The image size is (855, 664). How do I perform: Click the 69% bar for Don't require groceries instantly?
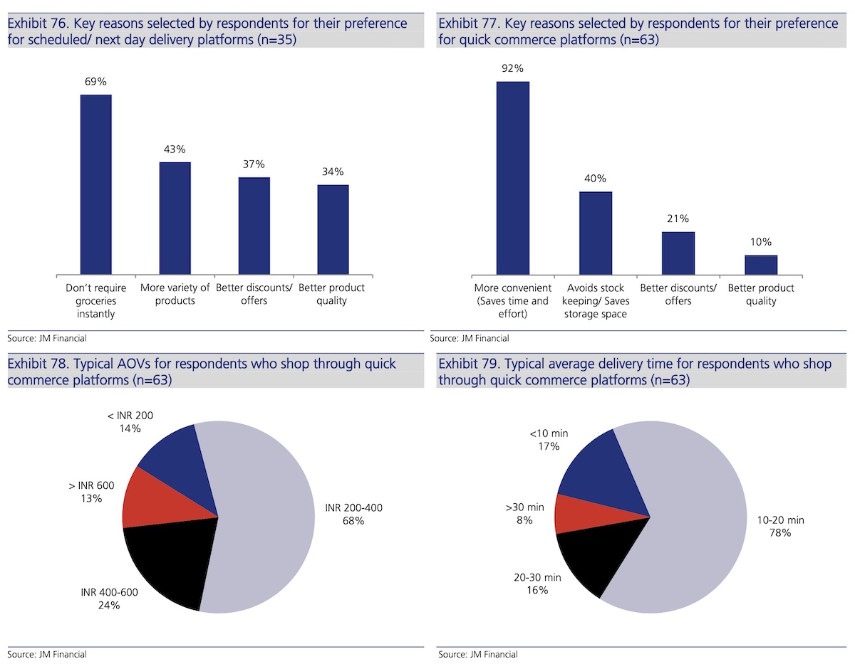95,184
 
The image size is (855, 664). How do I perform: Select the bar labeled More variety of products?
175,218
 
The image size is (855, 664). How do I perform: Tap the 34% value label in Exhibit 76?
333,172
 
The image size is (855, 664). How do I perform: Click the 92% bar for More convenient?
513,178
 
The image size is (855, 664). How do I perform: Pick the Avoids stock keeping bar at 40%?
596,233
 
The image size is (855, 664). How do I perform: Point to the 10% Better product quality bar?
761,265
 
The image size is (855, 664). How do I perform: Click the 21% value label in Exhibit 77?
678,218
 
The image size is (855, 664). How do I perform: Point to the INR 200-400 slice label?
354,515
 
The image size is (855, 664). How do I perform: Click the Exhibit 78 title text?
202,371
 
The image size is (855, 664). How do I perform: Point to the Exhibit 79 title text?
635,371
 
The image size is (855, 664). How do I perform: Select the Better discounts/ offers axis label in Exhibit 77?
678,294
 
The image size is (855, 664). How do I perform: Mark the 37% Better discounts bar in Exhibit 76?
254,226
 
